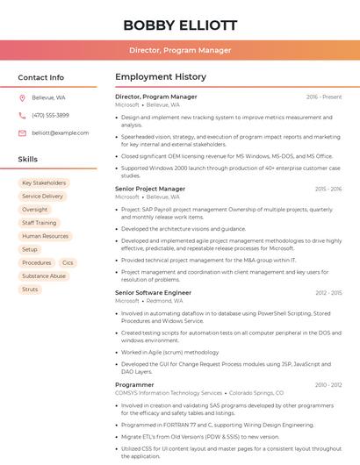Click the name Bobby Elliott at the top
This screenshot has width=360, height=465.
pyautogui.click(x=180, y=25)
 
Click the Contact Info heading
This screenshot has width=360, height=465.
pyautogui.click(x=41, y=77)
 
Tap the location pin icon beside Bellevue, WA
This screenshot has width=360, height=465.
pyautogui.click(x=22, y=98)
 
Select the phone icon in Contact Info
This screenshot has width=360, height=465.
pyautogui.click(x=22, y=115)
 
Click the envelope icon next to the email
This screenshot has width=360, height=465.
pyautogui.click(x=22, y=132)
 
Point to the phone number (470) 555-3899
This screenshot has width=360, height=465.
pyautogui.click(x=50, y=115)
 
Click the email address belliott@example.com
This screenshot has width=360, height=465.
pyautogui.click(x=61, y=132)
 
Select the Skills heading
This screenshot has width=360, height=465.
pyautogui.click(x=28, y=160)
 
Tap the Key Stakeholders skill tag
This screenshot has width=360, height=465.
pyautogui.click(x=44, y=183)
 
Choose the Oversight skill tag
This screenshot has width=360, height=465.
pyautogui.click(x=35, y=210)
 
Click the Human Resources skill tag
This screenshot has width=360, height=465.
pyautogui.click(x=45, y=236)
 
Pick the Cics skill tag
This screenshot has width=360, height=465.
pyautogui.click(x=68, y=262)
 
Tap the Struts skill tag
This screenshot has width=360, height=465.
pyautogui.click(x=30, y=289)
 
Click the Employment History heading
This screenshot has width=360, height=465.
pyautogui.click(x=161, y=77)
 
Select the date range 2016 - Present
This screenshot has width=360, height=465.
pyautogui.click(x=324, y=97)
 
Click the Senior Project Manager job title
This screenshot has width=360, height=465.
pyautogui.click(x=150, y=189)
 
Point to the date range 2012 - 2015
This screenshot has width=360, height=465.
pyautogui.click(x=328, y=292)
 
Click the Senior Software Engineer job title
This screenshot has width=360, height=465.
pyautogui.click(x=153, y=292)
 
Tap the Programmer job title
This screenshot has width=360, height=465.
pyautogui.click(x=134, y=384)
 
